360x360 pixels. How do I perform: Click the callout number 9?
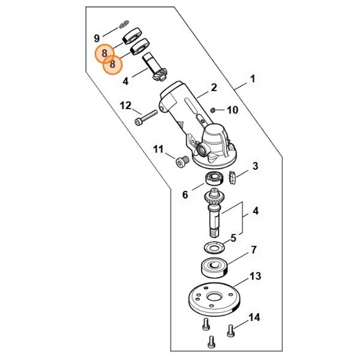click(x=97, y=38)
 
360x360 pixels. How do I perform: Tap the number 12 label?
click(x=125, y=106)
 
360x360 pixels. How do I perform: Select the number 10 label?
click(x=233, y=110)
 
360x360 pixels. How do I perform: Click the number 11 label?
click(x=158, y=149)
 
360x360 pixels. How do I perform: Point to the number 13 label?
click(x=256, y=276)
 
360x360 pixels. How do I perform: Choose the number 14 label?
click(x=254, y=317)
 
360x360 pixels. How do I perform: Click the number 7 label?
click(x=254, y=250)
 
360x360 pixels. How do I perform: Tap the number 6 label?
click(x=185, y=195)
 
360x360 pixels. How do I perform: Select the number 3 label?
click(x=256, y=166)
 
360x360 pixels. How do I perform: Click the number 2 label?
click(x=214, y=88)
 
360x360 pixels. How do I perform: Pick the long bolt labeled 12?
click(x=146, y=117)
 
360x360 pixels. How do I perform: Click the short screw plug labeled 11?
click(x=182, y=162)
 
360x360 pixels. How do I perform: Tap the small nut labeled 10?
click(x=213, y=110)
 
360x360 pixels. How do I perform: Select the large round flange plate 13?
click(x=214, y=299)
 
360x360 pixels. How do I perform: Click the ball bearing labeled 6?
click(x=214, y=179)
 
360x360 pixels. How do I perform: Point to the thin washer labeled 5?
click(x=214, y=248)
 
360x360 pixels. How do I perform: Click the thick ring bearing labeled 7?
click(x=215, y=268)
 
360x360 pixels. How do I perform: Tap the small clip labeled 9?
click(x=124, y=24)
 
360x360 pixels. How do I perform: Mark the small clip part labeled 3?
click(x=233, y=178)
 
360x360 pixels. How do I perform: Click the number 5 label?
click(x=233, y=238)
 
